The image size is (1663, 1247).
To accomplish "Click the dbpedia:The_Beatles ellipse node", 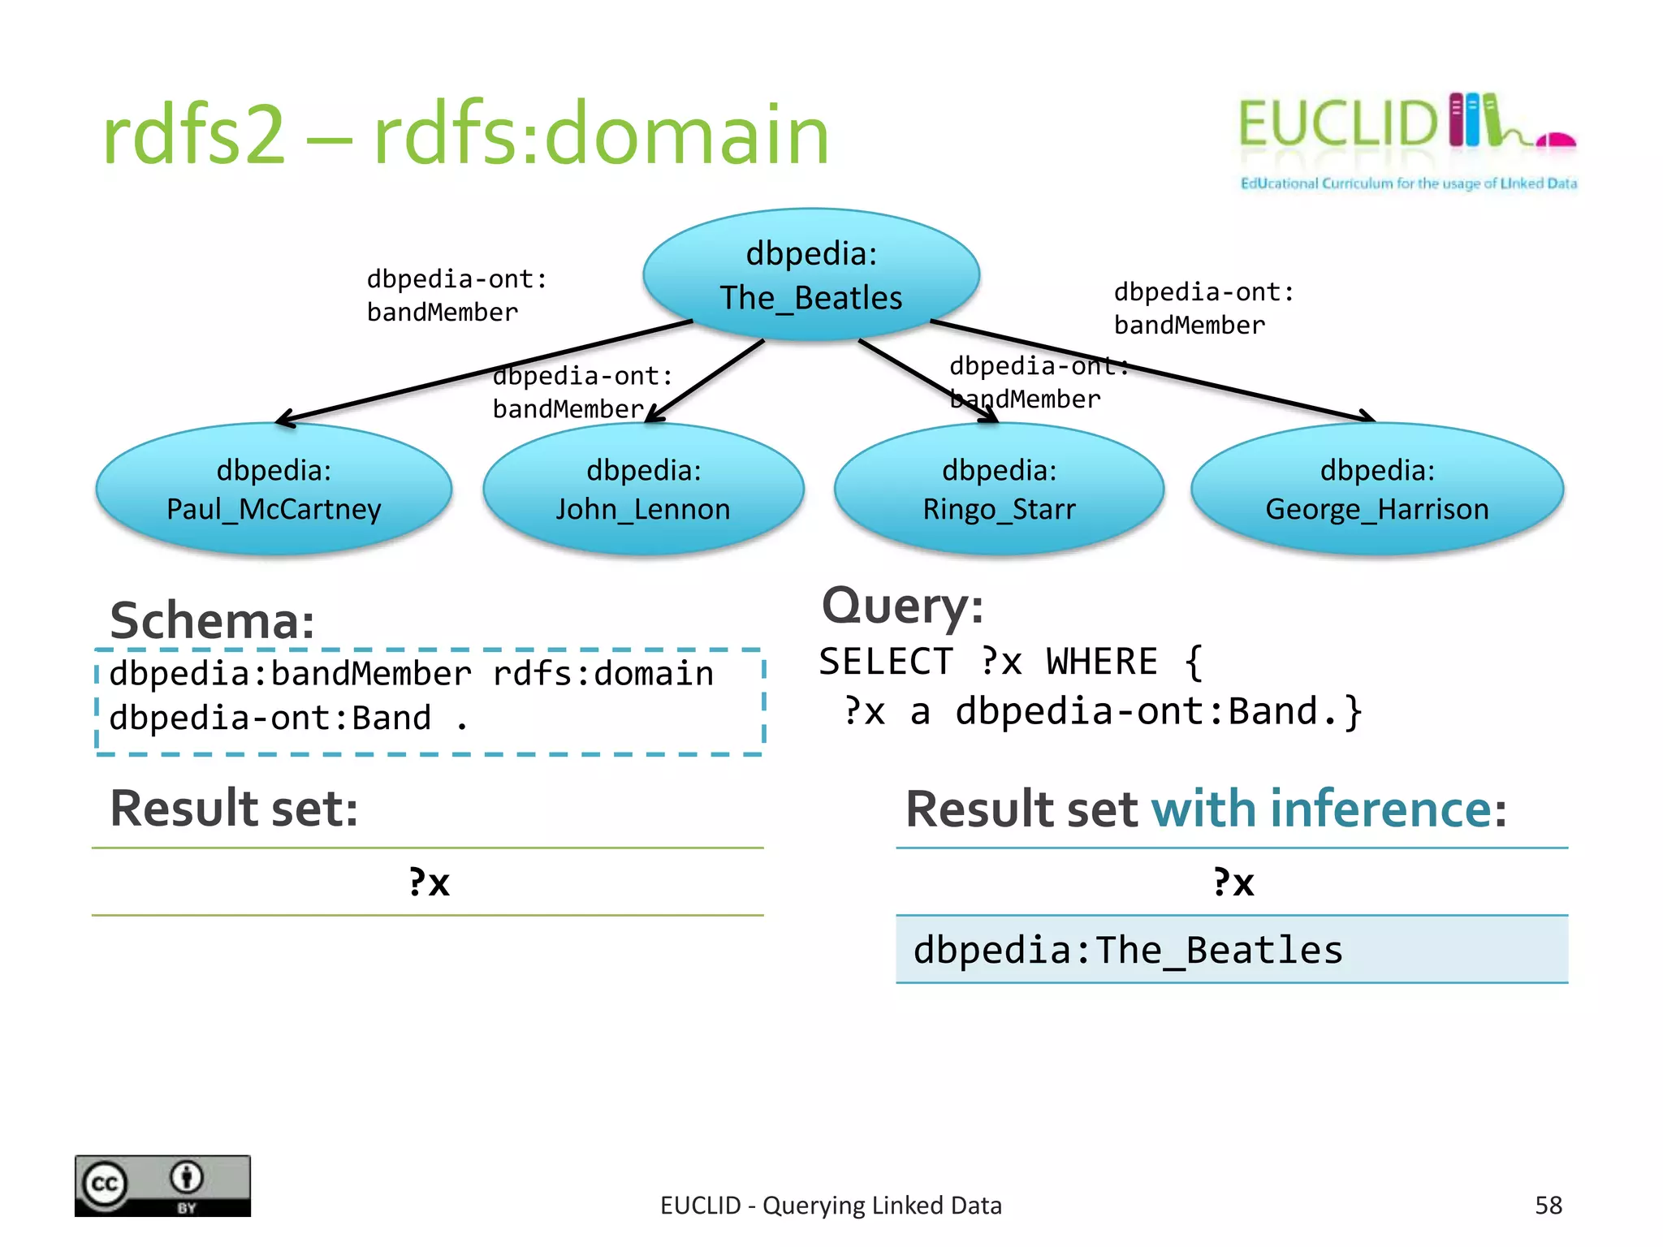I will tap(810, 274).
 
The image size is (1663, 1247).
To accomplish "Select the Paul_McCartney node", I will tap(274, 490).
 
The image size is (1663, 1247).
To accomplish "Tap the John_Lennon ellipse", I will tap(643, 490).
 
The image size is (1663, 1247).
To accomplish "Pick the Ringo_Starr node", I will tap(999, 490).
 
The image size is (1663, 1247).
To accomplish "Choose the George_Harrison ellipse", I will tap(1377, 490).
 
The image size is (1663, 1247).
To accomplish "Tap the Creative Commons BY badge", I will tap(162, 1185).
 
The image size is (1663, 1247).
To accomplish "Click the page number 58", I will tap(1548, 1206).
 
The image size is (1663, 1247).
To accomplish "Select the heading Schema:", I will tap(212, 621).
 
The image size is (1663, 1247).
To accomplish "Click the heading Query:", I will tap(902, 606).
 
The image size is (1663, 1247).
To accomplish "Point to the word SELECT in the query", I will tap(885, 662).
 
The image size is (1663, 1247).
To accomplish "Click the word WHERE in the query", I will tap(1101, 662).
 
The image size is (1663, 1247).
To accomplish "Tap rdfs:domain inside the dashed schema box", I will tap(603, 674).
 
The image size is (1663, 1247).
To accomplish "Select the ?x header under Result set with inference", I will tap(1233, 882).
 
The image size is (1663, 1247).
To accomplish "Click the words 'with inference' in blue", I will tap(1321, 809).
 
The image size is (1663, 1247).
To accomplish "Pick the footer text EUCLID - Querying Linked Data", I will tap(831, 1206).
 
